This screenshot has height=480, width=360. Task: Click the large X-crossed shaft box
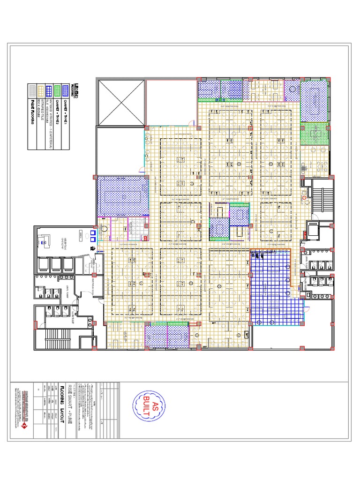coord(121,102)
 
